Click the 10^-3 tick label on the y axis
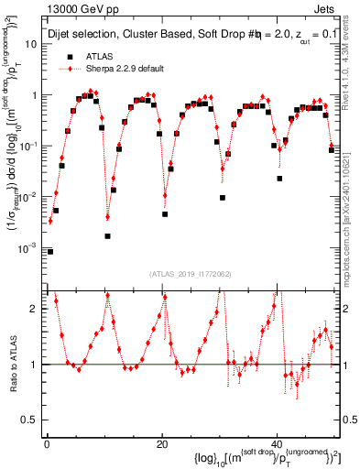click(x=27, y=248)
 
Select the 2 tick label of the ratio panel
click(x=35, y=308)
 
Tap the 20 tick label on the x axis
click(x=162, y=443)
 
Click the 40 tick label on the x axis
click(x=278, y=443)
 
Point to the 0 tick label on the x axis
click(x=47, y=443)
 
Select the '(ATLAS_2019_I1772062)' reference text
click(x=193, y=273)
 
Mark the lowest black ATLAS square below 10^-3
click(x=50, y=251)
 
